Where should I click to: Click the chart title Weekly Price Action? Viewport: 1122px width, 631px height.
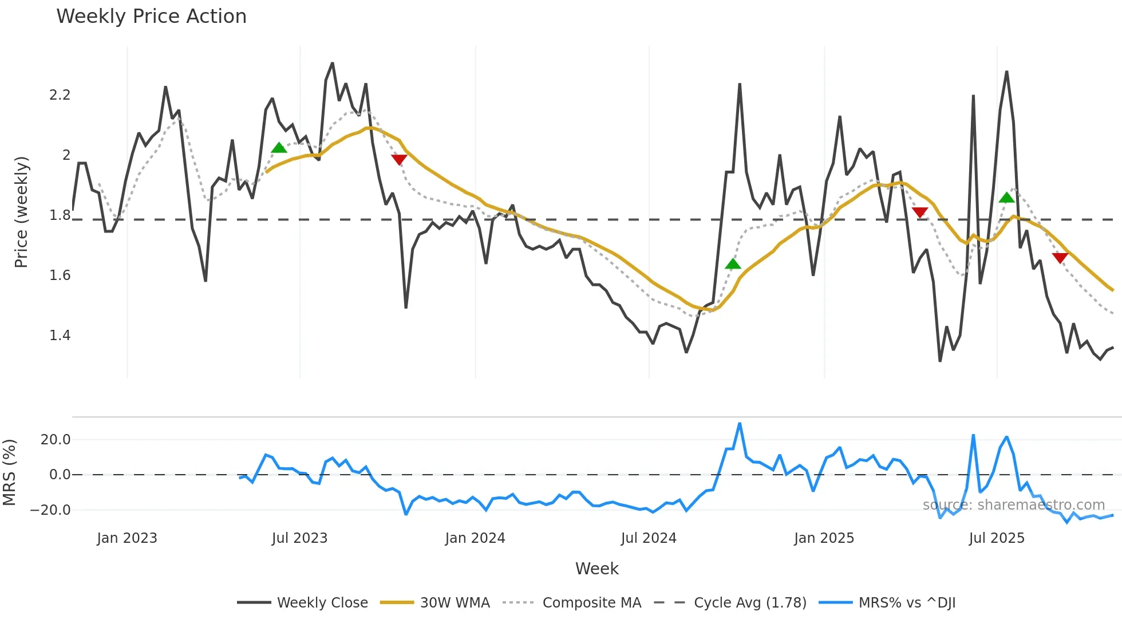(151, 17)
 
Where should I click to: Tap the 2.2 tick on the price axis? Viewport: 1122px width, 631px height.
(60, 95)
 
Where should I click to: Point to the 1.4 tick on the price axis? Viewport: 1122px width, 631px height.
(60, 336)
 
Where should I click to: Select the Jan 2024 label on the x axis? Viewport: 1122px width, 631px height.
(475, 538)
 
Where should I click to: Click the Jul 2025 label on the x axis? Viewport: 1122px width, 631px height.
(997, 538)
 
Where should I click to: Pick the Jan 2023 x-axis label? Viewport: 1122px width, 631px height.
(127, 538)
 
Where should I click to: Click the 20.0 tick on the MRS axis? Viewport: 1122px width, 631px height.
(56, 440)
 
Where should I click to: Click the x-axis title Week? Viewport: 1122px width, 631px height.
(596, 569)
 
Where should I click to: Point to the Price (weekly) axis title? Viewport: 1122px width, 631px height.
(21, 212)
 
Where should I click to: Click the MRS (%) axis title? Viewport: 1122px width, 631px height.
(10, 472)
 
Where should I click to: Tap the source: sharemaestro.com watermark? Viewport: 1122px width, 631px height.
(1013, 505)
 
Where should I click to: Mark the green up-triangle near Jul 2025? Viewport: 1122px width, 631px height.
(1006, 198)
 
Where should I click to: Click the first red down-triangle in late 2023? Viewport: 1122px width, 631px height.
(399, 159)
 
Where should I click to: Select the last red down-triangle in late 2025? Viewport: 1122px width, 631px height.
(1060, 258)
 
